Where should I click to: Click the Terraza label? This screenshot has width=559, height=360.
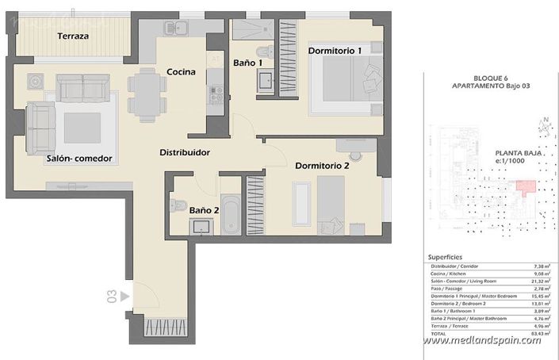[73, 36]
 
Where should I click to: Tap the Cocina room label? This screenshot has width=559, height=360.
[182, 72]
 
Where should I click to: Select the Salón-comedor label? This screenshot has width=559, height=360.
[78, 159]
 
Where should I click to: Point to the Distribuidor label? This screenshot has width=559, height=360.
[184, 152]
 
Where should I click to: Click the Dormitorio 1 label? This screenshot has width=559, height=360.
[335, 51]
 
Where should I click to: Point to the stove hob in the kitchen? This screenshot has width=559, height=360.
[213, 94]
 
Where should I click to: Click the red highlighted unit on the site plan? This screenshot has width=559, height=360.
[525, 187]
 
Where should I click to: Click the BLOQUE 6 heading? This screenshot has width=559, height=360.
[491, 77]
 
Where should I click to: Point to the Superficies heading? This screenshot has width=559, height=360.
[445, 258]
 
